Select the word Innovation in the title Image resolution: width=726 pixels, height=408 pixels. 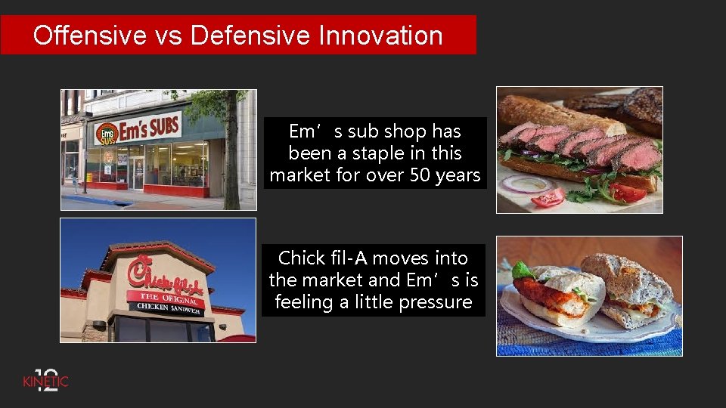pyautogui.click(x=380, y=36)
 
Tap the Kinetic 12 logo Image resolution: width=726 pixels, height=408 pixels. pyautogui.click(x=45, y=379)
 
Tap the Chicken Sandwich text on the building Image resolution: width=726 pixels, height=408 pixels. pyautogui.click(x=168, y=308)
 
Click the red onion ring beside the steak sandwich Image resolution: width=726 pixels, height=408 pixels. pyautogui.click(x=527, y=183)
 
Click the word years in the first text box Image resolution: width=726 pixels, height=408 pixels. pyautogui.click(x=458, y=175)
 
